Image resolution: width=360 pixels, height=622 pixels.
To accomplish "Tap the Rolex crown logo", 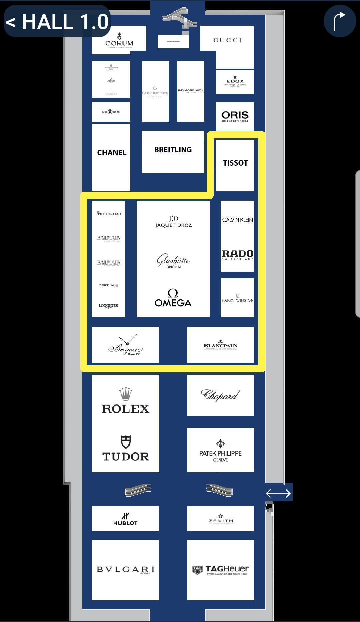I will click(x=125, y=394).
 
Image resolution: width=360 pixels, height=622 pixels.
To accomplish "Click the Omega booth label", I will click(x=173, y=298).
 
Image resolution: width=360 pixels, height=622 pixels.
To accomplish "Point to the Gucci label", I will click(x=227, y=40).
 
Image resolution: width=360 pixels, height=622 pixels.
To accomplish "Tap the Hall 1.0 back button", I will click(x=57, y=21).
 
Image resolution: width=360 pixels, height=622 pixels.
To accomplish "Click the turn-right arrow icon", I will click(x=339, y=21).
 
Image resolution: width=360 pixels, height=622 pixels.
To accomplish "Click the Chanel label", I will click(x=112, y=153).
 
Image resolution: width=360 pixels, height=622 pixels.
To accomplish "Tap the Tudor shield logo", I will click(x=125, y=442).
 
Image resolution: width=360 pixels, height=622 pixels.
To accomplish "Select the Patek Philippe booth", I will click(x=220, y=450).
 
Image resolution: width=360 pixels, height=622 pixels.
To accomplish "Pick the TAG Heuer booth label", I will click(x=220, y=570).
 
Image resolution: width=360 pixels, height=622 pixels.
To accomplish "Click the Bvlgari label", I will click(x=125, y=569).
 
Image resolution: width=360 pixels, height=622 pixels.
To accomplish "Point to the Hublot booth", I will click(x=125, y=519).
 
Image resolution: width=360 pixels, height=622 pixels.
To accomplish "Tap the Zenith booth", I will click(x=220, y=519).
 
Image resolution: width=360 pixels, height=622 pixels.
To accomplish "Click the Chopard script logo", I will click(x=220, y=395).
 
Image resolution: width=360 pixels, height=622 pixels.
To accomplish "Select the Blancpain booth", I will click(x=220, y=345).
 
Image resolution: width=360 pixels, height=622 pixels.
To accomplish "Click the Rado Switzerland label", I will click(x=237, y=255).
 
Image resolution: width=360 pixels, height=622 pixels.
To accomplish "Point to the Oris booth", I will click(x=235, y=116).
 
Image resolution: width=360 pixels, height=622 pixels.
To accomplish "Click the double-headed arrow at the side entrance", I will click(x=278, y=493).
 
